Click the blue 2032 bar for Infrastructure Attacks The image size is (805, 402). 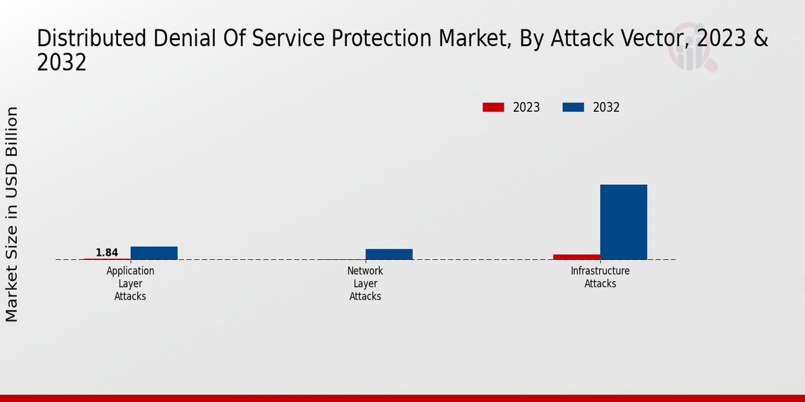[x=623, y=222]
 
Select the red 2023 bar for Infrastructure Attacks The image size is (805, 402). [x=576, y=257]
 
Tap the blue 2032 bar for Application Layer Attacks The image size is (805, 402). [x=154, y=253]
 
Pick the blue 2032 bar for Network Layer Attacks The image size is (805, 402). [x=388, y=254]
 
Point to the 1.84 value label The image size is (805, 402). [x=107, y=253]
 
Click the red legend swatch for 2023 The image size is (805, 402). [x=493, y=107]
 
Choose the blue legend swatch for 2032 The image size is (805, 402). [x=573, y=107]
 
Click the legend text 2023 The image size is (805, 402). [x=526, y=107]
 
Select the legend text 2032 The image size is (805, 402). [x=606, y=107]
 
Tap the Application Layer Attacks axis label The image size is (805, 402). [x=130, y=283]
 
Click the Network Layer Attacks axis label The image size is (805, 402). [x=365, y=283]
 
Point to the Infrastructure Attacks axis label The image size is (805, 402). [x=600, y=277]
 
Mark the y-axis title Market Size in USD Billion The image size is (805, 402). [x=12, y=214]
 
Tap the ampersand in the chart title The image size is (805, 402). [x=761, y=39]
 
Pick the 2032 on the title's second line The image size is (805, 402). [x=62, y=63]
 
